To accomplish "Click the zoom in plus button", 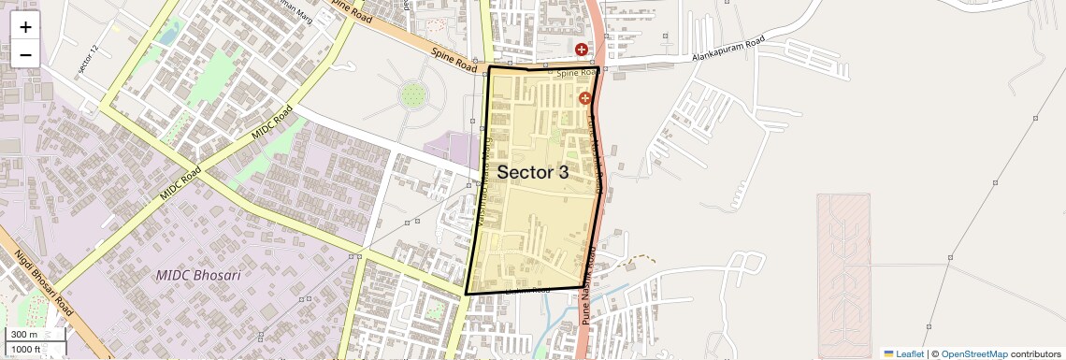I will pos(25,27).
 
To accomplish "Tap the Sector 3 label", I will pos(532,172).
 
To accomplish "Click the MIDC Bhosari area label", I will pos(198,276).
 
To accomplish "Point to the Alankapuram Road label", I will pos(727,56).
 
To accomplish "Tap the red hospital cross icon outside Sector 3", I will pos(582,50).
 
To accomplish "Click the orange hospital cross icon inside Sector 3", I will pos(585,97).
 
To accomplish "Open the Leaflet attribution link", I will pos(904,353).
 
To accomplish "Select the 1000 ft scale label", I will pos(26,349).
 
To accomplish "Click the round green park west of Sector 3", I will pos(411,94).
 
